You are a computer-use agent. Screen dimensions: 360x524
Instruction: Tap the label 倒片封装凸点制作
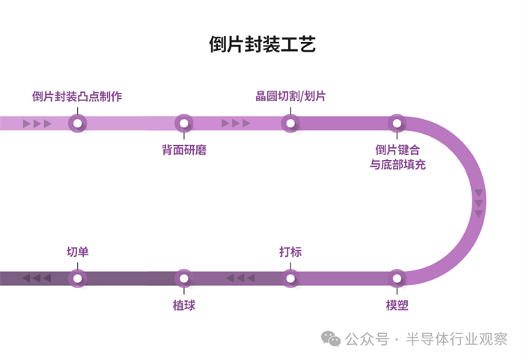(x=77, y=97)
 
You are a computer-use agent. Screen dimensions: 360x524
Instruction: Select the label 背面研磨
(x=184, y=150)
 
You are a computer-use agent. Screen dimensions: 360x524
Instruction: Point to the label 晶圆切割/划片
(x=290, y=97)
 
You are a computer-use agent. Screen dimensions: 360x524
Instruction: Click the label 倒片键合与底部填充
(x=398, y=156)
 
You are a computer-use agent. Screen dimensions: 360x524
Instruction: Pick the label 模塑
(x=397, y=305)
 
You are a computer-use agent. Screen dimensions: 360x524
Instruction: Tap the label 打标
(x=290, y=252)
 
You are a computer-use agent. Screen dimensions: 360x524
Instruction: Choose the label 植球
(x=184, y=305)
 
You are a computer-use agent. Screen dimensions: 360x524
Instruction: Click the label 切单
(x=78, y=252)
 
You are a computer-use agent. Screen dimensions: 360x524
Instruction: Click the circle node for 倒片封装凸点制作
(x=77, y=123)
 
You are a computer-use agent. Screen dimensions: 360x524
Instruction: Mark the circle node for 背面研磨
(x=184, y=123)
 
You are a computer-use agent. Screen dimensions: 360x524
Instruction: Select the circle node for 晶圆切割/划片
(x=290, y=123)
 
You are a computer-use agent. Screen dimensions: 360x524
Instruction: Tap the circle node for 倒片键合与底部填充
(x=397, y=123)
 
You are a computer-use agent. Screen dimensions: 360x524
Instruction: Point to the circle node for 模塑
(x=397, y=278)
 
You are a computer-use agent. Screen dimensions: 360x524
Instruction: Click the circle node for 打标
(x=290, y=278)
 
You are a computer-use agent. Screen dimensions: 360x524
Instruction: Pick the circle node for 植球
(x=184, y=278)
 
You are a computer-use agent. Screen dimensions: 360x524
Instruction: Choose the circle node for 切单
(x=77, y=278)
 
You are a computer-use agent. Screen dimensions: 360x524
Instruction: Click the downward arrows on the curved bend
(x=478, y=203)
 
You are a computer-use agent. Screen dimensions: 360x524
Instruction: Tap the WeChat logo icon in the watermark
(x=331, y=339)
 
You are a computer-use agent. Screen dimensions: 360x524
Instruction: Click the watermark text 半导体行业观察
(x=457, y=340)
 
